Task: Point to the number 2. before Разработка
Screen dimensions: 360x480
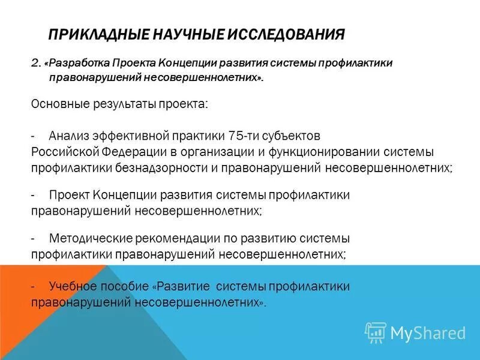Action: click(x=35, y=64)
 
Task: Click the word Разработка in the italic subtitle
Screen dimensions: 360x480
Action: click(x=79, y=64)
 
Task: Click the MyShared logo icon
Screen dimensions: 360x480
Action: click(x=376, y=332)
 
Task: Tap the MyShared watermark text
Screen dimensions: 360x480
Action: click(x=428, y=332)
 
